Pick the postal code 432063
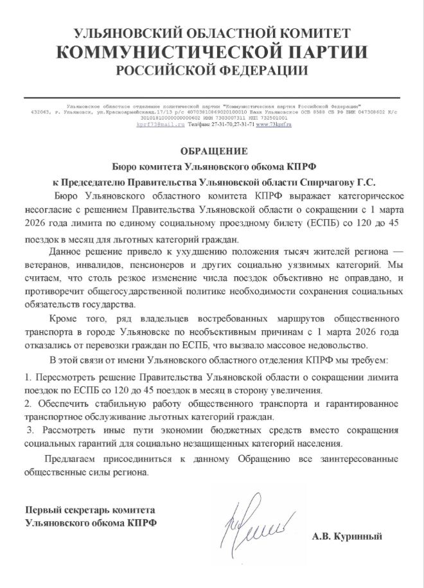click(40, 112)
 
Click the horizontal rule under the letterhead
click(211, 97)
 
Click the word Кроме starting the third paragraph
click(63, 318)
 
